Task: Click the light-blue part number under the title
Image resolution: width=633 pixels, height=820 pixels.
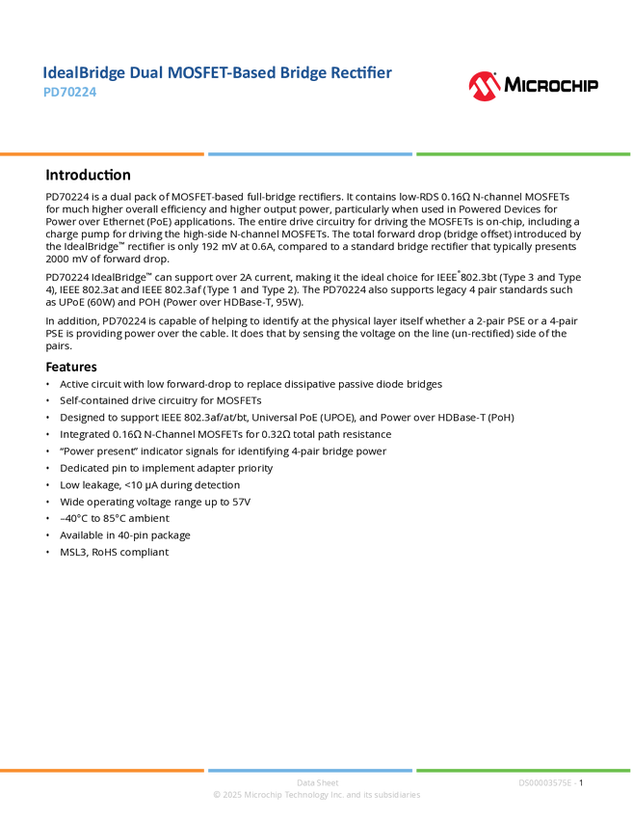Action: coord(70,94)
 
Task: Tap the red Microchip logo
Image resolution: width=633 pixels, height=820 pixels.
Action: coord(485,87)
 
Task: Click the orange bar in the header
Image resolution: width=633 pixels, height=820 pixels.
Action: coord(102,154)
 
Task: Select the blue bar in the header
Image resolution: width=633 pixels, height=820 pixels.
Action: coord(310,154)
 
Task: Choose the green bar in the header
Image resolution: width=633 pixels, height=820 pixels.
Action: coord(523,154)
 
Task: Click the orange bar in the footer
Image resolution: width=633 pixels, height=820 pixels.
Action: coord(102,770)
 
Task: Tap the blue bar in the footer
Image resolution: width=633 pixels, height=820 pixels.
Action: coord(310,770)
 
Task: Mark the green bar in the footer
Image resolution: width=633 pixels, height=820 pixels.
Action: coord(523,770)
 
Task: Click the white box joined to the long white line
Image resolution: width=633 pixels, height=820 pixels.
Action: coord(23,175)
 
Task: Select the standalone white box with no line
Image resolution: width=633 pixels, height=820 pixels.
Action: coord(23,368)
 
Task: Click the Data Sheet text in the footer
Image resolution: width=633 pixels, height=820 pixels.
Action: coord(316,783)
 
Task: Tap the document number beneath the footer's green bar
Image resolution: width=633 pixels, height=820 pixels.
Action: coord(546,783)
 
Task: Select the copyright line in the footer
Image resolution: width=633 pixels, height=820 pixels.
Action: coord(316,796)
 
